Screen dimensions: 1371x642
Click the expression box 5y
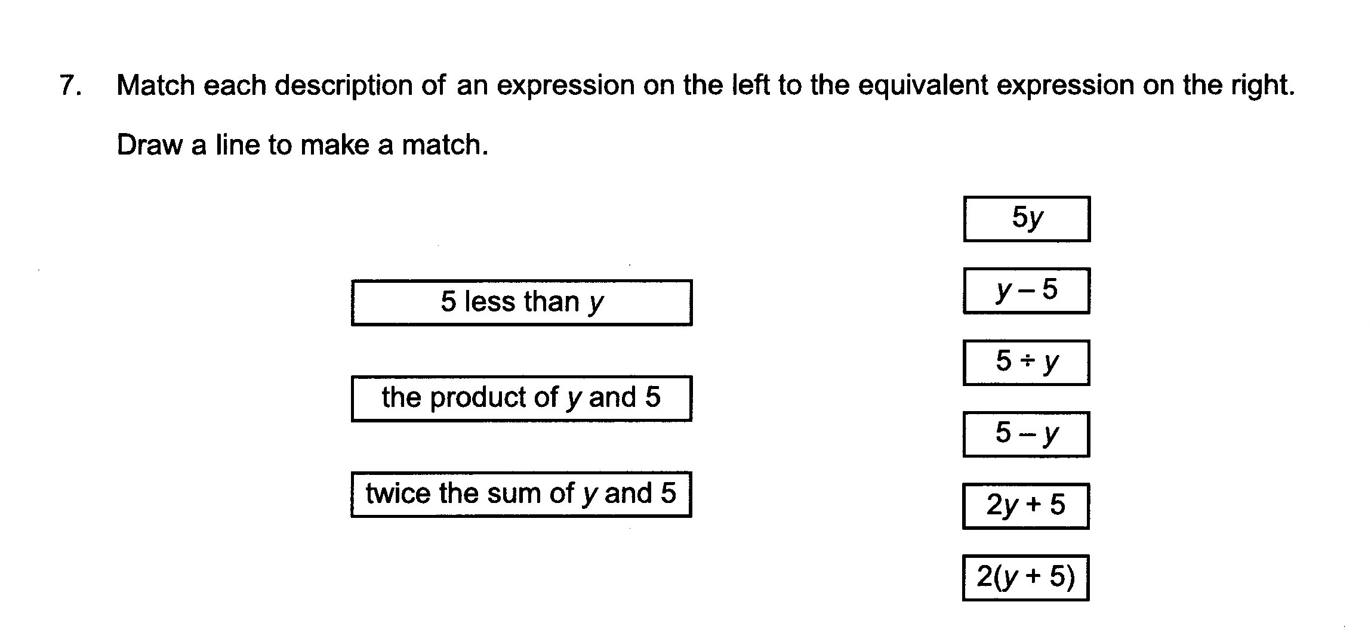1027,219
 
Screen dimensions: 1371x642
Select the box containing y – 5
1027,291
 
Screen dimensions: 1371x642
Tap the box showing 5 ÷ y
1026,363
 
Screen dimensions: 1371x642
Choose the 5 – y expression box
1026,434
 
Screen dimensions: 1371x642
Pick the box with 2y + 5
1026,506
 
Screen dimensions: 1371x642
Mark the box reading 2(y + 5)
1026,578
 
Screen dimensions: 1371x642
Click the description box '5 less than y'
522,303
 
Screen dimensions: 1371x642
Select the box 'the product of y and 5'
522,399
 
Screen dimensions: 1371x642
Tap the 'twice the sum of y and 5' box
521,495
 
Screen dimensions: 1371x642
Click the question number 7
70,85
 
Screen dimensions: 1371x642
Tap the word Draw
149,145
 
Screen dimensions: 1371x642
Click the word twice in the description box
398,493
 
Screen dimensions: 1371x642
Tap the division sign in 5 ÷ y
1027,362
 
